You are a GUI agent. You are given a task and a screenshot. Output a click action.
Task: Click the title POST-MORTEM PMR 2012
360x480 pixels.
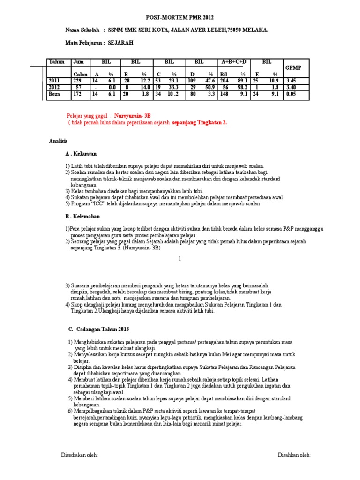[180, 18]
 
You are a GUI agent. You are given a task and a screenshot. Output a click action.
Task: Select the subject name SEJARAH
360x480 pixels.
[121, 43]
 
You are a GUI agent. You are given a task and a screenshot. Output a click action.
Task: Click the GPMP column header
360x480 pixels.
[293, 68]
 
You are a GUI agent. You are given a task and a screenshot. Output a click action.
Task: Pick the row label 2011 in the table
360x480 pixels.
[55, 81]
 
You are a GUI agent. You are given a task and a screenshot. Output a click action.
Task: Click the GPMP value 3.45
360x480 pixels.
[292, 81]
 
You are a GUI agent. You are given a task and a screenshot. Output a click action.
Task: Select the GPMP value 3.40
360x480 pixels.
[292, 88]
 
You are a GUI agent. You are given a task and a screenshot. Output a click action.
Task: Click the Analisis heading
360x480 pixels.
[59, 141]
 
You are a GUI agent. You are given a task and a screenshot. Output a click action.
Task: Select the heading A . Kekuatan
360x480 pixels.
[81, 154]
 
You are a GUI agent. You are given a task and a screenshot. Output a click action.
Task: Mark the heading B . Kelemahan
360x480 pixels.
[82, 217]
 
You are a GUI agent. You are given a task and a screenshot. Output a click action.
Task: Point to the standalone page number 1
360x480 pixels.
[180, 259]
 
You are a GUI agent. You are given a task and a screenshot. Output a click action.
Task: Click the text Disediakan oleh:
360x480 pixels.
[80, 455]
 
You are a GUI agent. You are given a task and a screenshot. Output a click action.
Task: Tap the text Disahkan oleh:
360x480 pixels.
[294, 455]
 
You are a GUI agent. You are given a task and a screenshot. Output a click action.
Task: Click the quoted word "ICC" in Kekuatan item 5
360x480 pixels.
[99, 204]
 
